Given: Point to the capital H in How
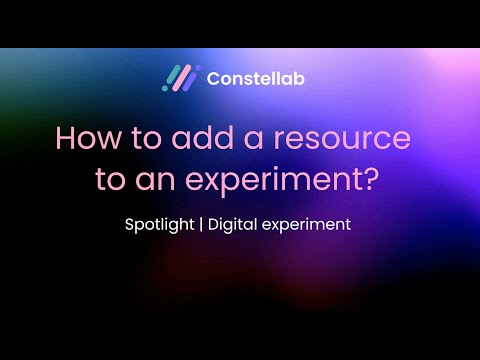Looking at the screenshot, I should [x=65, y=138].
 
